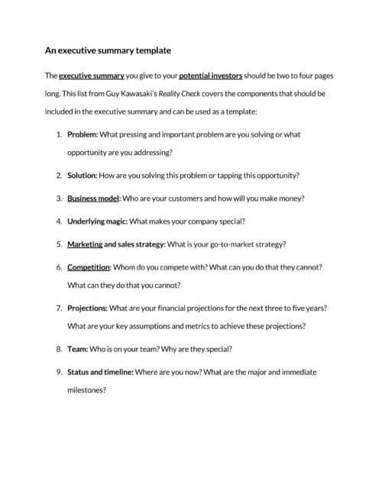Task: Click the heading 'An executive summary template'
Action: point(107,50)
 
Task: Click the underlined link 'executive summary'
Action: point(92,76)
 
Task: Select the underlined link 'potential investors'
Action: point(210,76)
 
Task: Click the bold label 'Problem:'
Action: point(82,134)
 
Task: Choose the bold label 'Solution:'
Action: point(82,175)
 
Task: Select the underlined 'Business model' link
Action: point(93,198)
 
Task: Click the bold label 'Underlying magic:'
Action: point(97,221)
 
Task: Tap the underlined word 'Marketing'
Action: point(84,244)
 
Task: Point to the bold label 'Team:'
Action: point(77,349)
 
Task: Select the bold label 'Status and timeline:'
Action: point(100,372)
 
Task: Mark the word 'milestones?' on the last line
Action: point(86,389)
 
